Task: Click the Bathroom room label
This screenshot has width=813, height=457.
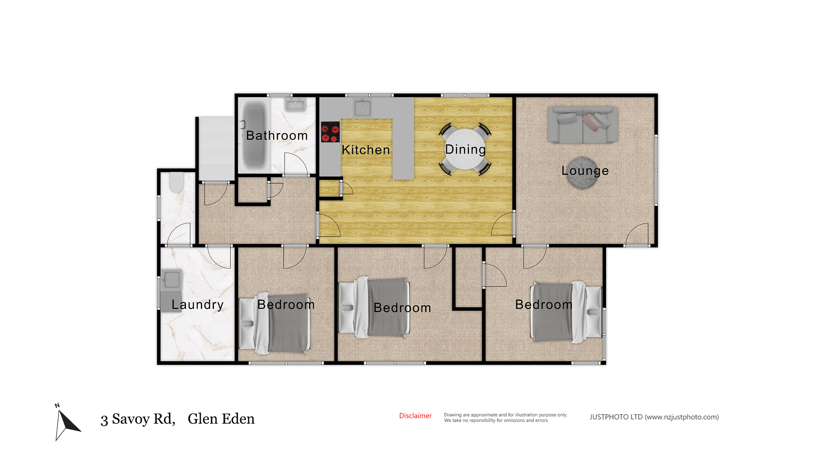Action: [x=277, y=135]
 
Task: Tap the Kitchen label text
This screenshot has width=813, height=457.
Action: [x=366, y=150]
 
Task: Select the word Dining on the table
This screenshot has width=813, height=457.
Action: [x=465, y=150]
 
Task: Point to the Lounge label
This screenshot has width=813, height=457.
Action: [x=585, y=171]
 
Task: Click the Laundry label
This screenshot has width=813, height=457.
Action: [x=197, y=305]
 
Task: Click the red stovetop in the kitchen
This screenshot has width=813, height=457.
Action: [x=330, y=132]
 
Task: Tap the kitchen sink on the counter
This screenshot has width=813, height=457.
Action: [x=362, y=108]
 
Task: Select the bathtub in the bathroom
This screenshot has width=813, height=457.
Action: [x=254, y=135]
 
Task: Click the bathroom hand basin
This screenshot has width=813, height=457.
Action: [x=296, y=105]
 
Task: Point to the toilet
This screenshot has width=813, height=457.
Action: [x=176, y=182]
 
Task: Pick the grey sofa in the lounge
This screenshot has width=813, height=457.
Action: [x=583, y=125]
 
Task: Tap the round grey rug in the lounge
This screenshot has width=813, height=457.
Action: [x=582, y=173]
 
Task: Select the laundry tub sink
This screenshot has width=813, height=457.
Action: [x=171, y=279]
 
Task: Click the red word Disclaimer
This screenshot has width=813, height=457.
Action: [x=415, y=416]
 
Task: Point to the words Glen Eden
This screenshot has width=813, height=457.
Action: [x=221, y=419]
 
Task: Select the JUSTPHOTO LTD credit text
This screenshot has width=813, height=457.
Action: [x=654, y=417]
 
